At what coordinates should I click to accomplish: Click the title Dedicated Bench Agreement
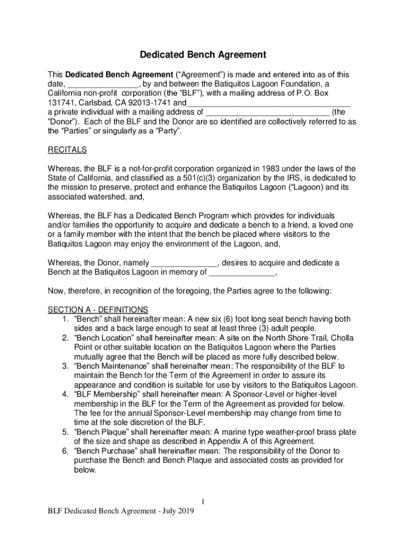tap(203, 55)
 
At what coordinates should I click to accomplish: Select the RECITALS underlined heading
tap(67, 150)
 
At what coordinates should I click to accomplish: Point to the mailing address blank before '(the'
tap(268, 112)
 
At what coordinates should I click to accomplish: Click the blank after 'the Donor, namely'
tap(184, 263)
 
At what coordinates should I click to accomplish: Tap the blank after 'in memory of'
tap(242, 273)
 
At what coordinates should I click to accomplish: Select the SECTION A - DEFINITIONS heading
tap(98, 310)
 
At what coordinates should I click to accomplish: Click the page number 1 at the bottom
tap(203, 502)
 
